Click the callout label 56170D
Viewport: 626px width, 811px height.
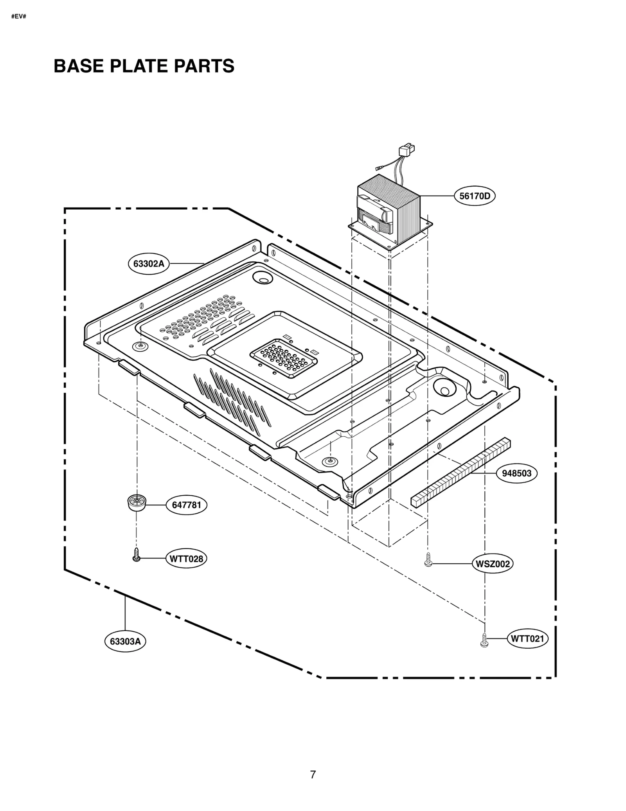point(474,196)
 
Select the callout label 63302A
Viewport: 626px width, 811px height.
point(148,263)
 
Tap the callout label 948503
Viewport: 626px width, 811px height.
point(516,473)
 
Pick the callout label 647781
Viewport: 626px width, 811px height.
point(187,505)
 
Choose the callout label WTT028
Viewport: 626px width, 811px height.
point(186,559)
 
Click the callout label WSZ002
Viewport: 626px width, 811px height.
point(492,564)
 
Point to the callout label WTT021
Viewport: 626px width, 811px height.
point(527,639)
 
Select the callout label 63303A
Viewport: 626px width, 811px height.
point(125,642)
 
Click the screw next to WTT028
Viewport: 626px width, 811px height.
point(136,555)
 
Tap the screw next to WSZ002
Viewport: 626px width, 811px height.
point(428,560)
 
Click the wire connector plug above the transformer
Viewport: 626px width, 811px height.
point(406,150)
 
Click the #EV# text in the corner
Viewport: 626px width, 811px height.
point(18,17)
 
